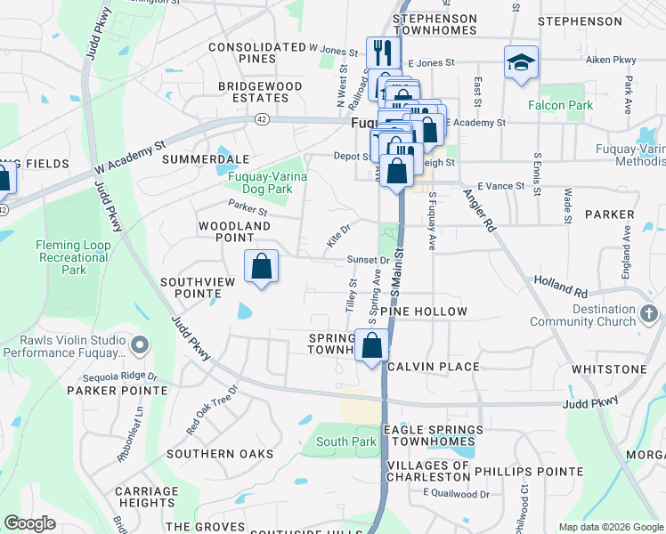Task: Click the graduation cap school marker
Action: (x=521, y=62)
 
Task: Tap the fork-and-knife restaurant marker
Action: (x=379, y=51)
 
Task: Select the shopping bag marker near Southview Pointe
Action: (x=261, y=265)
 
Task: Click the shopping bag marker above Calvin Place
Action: (x=371, y=345)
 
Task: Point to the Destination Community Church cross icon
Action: (x=649, y=314)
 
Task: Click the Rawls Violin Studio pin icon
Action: (x=138, y=344)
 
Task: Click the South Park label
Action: (x=345, y=441)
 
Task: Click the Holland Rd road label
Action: (x=561, y=286)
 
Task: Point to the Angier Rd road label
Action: (x=480, y=211)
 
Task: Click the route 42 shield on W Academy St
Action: (x=261, y=117)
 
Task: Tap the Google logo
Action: (x=29, y=523)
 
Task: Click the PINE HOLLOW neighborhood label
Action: (x=423, y=311)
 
